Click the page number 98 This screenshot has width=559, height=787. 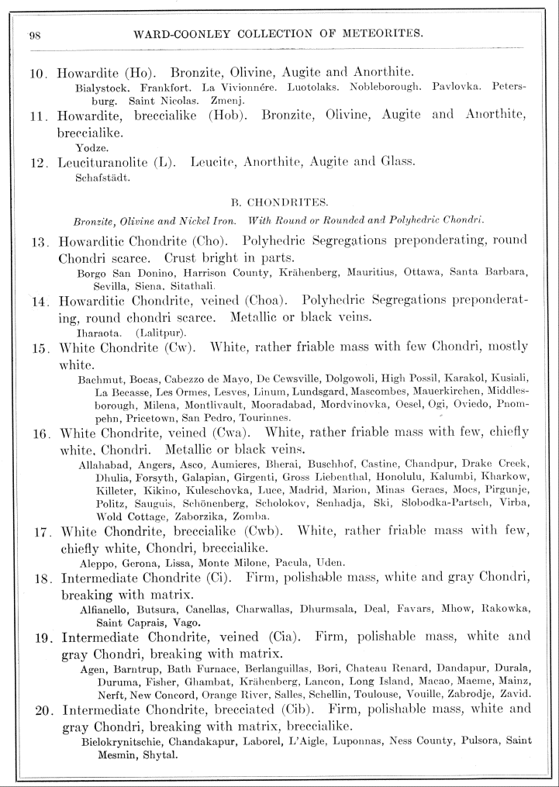[x=35, y=34]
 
